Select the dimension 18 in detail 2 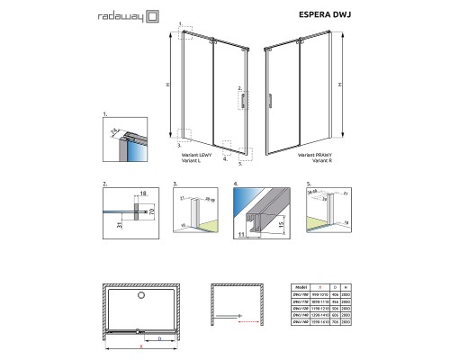(143, 193)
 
